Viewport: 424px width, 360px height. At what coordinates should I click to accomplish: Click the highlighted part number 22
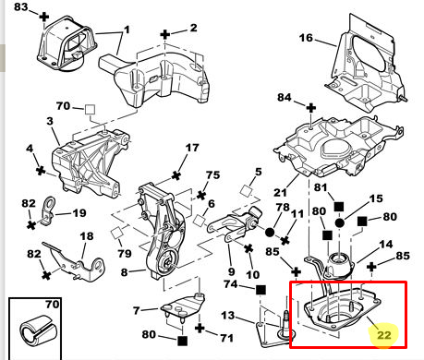(384, 335)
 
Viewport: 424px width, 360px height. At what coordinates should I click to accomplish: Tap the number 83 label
(21, 6)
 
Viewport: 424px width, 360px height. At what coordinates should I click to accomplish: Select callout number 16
(306, 38)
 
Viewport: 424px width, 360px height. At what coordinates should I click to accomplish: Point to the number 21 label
(280, 193)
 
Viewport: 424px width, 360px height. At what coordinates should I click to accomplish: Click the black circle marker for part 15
(339, 223)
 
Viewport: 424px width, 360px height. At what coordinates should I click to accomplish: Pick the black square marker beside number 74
(260, 290)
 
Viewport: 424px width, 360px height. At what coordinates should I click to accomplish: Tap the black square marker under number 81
(339, 207)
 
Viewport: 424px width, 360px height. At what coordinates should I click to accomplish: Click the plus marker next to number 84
(311, 108)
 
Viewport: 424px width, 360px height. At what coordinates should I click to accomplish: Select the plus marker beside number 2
(165, 34)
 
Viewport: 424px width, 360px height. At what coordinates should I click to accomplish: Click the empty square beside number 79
(116, 233)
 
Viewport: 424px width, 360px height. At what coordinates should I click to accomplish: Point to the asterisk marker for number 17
(176, 175)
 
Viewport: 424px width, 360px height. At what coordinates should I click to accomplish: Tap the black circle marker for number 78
(270, 232)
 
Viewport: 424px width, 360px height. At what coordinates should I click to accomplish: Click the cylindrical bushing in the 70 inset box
(39, 330)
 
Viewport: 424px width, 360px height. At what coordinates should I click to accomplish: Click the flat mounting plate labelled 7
(184, 307)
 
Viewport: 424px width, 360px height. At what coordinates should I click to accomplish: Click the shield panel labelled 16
(367, 66)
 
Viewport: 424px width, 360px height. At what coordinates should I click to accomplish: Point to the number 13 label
(228, 315)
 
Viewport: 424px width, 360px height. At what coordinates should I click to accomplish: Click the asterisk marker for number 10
(248, 248)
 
